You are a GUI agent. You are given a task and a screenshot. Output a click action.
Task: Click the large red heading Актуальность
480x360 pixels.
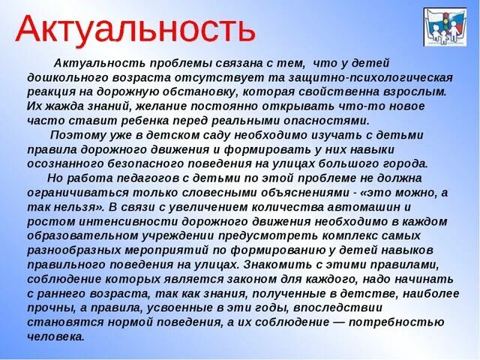pyautogui.click(x=136, y=30)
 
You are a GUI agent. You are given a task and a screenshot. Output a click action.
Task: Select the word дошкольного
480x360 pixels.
pyautogui.click(x=63, y=77)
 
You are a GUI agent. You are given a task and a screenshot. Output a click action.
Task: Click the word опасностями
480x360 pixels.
pyautogui.click(x=330, y=120)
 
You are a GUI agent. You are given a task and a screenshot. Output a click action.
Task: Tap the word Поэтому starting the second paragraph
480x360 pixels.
pyautogui.click(x=73, y=134)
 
